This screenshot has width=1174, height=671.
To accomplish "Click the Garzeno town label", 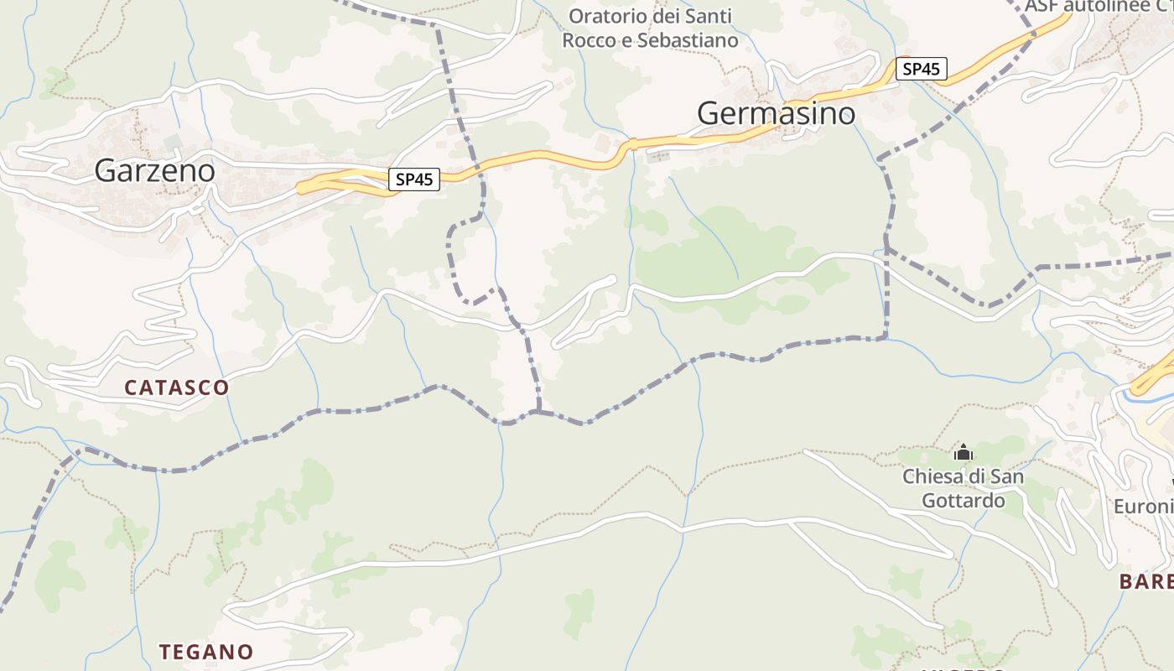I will click(154, 170).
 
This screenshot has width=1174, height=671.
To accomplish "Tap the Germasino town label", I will click(776, 113).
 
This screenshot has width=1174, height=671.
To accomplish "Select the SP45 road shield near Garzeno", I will click(414, 179).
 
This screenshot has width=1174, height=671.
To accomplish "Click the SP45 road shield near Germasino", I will click(922, 69).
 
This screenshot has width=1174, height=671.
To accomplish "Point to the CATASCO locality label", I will click(176, 387).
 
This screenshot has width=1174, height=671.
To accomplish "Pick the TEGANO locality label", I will click(206, 652).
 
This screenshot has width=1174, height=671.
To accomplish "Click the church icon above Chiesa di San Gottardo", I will click(963, 453).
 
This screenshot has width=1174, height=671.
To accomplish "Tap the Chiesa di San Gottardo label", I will click(963, 488).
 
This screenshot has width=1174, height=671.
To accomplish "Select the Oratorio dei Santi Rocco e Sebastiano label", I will click(650, 28).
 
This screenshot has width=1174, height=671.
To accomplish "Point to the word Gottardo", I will click(963, 501).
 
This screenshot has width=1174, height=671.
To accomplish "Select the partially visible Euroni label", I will click(1143, 507).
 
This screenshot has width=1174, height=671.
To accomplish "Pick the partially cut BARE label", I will click(1146, 581).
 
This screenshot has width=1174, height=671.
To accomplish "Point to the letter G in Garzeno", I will click(104, 170).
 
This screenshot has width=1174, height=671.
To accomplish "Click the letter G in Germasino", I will click(709, 113).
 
